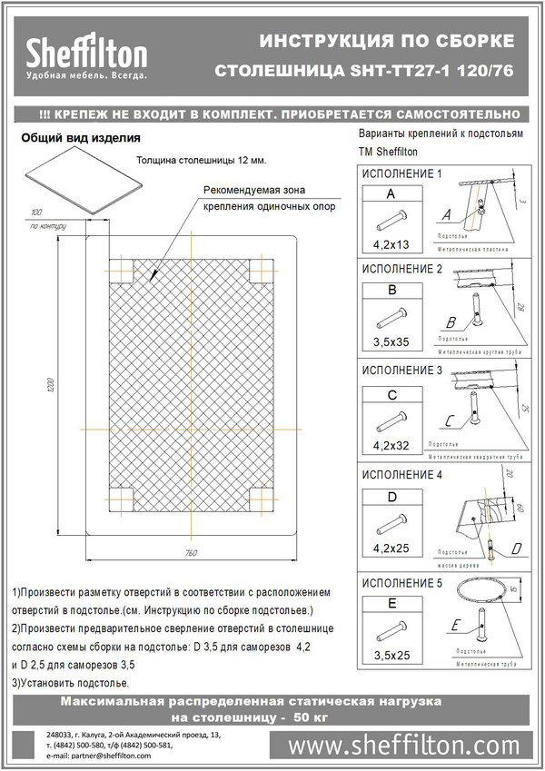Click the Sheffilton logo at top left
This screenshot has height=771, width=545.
coord(86,54)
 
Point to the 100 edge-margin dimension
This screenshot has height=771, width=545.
coord(36,211)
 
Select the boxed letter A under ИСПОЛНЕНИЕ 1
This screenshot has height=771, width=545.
coord(391,194)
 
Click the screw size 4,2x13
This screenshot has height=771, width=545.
coord(391,242)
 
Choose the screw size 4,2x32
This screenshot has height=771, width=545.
coord(391,446)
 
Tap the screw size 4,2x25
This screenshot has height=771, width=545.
coord(391,549)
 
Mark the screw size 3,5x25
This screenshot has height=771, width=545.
coord(391,651)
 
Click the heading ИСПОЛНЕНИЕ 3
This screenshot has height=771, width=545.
coord(401,371)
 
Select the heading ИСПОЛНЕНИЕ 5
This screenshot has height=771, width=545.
coord(401,583)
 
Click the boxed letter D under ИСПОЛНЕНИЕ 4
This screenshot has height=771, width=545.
coord(391,498)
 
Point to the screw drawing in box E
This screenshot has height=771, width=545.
coord(391,626)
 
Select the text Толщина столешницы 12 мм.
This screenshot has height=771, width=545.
coord(201,160)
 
